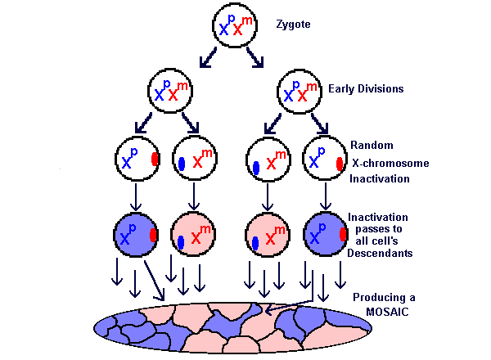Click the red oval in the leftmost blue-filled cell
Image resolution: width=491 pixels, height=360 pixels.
click(154, 236)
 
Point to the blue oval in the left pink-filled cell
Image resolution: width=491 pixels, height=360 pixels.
click(181, 243)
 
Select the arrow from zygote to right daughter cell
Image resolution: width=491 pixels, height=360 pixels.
click(256, 59)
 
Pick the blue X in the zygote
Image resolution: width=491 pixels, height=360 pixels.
click(223, 29)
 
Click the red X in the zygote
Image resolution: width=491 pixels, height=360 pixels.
click(239, 29)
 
